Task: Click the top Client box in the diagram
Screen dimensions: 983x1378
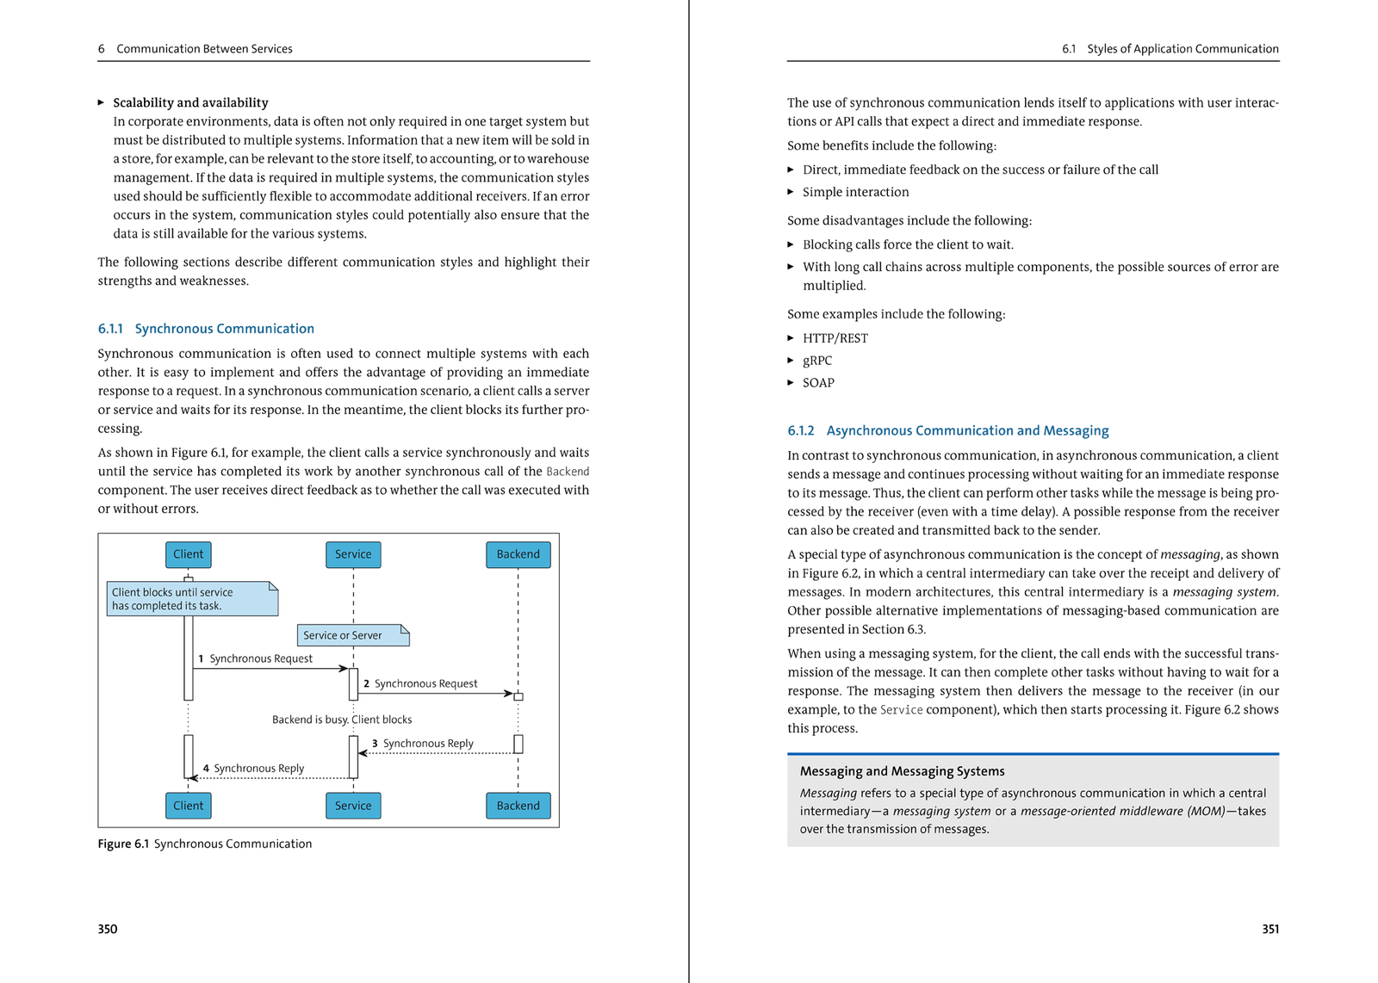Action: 188,554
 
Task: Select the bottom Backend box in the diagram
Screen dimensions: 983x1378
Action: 518,806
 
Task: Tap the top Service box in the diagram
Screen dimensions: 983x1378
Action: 353,554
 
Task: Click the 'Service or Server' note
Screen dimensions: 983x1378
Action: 352,635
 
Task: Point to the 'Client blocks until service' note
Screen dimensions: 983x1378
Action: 191,599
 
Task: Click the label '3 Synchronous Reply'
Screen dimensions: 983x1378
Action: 423,744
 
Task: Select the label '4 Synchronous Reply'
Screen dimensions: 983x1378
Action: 254,769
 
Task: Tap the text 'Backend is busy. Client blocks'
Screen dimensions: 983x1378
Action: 342,720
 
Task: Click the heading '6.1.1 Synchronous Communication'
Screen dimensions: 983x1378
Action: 206,329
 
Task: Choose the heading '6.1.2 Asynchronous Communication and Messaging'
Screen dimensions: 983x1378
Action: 947,430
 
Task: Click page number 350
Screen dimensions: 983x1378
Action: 108,929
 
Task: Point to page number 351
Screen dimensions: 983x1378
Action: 1270,929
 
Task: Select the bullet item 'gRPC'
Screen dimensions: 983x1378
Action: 817,361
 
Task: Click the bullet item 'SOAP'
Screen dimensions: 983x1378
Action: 818,383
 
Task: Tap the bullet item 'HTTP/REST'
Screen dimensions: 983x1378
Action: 835,338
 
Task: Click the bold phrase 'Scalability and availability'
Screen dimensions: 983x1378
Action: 190,102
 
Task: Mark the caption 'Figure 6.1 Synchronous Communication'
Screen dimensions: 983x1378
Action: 205,844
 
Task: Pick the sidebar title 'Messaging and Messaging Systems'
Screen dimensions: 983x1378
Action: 902,771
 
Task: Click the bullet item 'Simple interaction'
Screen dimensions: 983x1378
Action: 855,192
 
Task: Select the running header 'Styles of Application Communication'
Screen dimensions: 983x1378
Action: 1182,49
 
